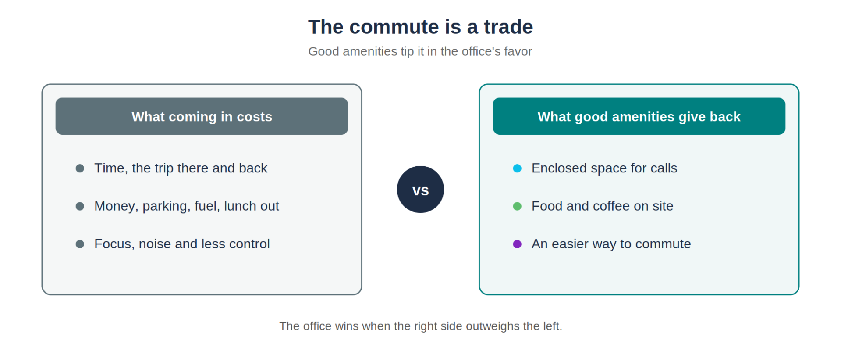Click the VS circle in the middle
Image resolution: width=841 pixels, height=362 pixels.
pyautogui.click(x=420, y=190)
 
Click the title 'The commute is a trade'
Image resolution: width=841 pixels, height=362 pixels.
pyautogui.click(x=420, y=27)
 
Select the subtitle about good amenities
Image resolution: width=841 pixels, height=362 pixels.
pyautogui.click(x=420, y=51)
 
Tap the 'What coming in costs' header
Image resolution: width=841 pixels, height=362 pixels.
pyautogui.click(x=202, y=116)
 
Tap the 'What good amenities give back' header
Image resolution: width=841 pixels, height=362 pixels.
pyautogui.click(x=639, y=116)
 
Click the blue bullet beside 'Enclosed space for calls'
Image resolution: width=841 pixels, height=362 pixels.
pyautogui.click(x=517, y=168)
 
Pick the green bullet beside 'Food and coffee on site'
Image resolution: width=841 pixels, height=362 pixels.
pyautogui.click(x=517, y=206)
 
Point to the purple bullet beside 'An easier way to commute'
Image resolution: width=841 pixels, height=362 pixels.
pyautogui.click(x=517, y=244)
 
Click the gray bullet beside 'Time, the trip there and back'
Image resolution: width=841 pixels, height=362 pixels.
pyautogui.click(x=80, y=168)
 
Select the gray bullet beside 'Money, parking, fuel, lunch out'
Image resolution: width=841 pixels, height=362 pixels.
pyautogui.click(x=80, y=206)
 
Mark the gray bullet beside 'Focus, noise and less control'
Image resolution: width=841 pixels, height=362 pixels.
pyautogui.click(x=80, y=244)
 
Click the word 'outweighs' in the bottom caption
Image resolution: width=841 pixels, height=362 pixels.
pyautogui.click(x=492, y=326)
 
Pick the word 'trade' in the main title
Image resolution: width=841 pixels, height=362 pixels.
pyautogui.click(x=508, y=27)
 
